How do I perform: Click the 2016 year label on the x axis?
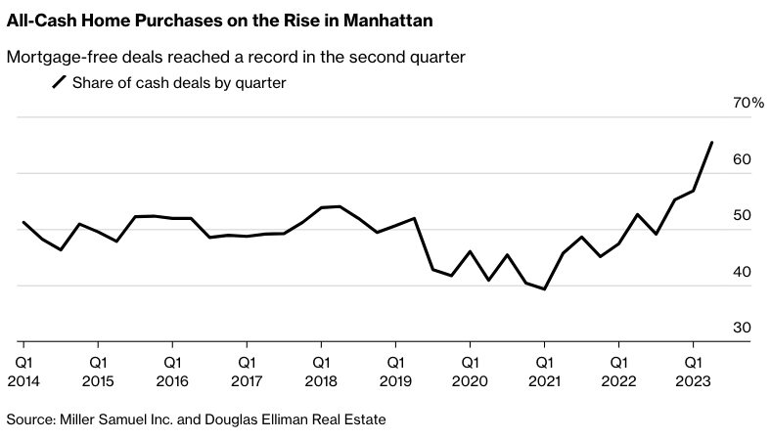(x=172, y=381)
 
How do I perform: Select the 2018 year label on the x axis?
(x=321, y=381)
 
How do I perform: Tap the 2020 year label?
(x=470, y=381)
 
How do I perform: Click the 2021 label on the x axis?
(x=544, y=381)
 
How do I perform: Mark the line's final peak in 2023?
(x=711, y=143)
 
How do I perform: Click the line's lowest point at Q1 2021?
(x=544, y=289)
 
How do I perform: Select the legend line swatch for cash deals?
(x=60, y=83)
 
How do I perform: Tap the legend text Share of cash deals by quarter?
(x=179, y=83)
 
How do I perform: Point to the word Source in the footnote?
(x=30, y=419)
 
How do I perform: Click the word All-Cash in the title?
(x=40, y=20)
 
